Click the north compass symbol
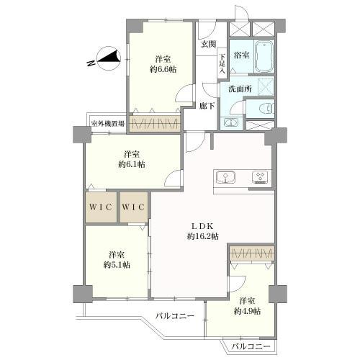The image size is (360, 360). pyautogui.click(x=109, y=58)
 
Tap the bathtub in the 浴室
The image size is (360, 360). pyautogui.click(x=264, y=57)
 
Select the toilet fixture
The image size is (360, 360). pyautogui.click(x=266, y=109)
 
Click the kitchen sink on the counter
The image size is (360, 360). pyautogui.click(x=225, y=178)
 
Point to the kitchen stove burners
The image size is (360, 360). pyautogui.click(x=261, y=178)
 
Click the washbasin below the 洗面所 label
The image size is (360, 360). pyautogui.click(x=230, y=123)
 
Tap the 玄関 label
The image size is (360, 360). pyautogui.click(x=208, y=45)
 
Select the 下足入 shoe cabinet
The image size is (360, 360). pyautogui.click(x=222, y=63)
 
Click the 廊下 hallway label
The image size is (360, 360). pyautogui.click(x=207, y=106)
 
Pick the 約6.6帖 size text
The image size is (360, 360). pyautogui.click(x=163, y=70)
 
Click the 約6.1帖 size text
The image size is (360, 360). pyautogui.click(x=132, y=165)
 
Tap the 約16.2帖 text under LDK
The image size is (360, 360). pyautogui.click(x=203, y=237)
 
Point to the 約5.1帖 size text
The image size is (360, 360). pyautogui.click(x=117, y=265)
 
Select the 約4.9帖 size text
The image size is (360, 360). pyautogui.click(x=247, y=311)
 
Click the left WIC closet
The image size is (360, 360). pyautogui.click(x=101, y=207)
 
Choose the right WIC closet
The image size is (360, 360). pyautogui.click(x=134, y=207)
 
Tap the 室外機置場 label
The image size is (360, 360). pyautogui.click(x=108, y=124)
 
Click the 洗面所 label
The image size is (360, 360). pyautogui.click(x=240, y=89)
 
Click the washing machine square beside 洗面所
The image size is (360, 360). pyautogui.click(x=266, y=86)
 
